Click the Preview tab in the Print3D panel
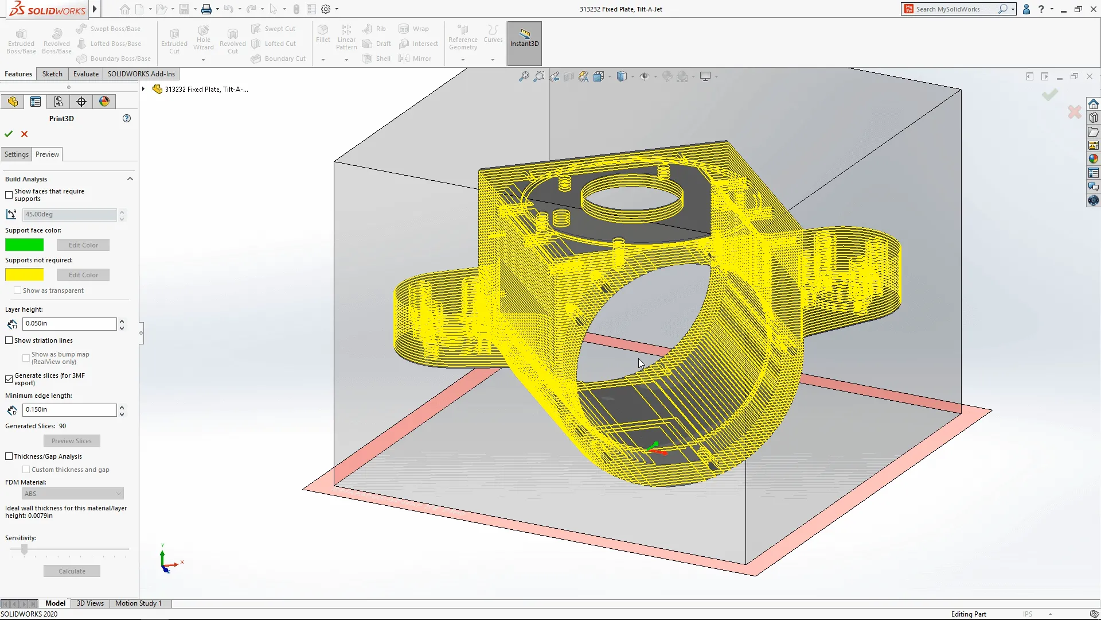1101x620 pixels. (47, 154)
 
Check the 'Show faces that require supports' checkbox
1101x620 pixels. (9, 195)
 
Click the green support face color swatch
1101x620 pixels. (24, 245)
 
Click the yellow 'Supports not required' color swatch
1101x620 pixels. (24, 275)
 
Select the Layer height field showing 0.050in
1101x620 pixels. (69, 324)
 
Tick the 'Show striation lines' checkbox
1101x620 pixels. (9, 340)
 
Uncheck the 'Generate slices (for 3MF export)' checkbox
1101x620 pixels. (9, 379)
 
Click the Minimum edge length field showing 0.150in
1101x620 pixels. (69, 410)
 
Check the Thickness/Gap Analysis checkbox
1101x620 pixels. (9, 456)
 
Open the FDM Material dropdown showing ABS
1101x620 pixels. (73, 494)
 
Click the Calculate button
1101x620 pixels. (72, 571)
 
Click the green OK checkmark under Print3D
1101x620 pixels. (9, 134)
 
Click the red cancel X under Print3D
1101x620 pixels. (24, 134)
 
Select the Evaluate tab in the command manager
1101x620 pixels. (86, 74)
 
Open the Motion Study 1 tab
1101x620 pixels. (138, 603)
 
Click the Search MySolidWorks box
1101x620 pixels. (955, 9)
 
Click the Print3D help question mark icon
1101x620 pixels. (127, 118)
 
